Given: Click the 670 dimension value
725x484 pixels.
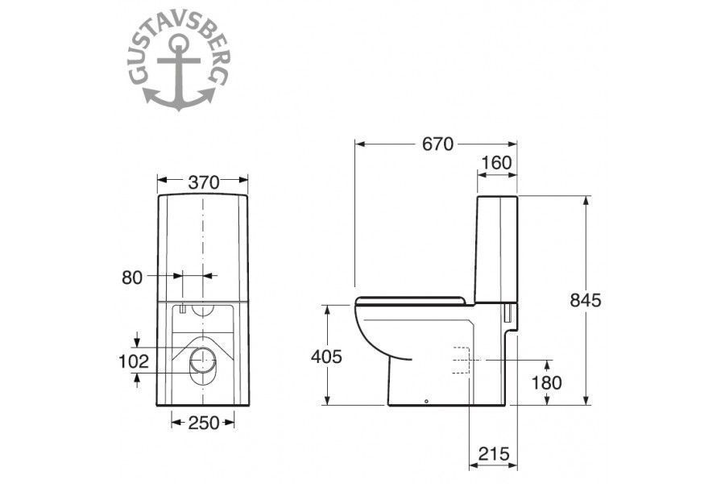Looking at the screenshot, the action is [x=437, y=144].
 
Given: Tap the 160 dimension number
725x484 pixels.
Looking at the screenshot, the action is [x=496, y=163].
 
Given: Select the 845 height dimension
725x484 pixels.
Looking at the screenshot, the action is [x=586, y=300].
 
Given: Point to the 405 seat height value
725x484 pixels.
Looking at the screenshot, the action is [x=326, y=357].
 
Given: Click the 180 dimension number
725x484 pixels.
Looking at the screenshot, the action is [x=546, y=382].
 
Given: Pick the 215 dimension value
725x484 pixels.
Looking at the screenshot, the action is [x=494, y=454].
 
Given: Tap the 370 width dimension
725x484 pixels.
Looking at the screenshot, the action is [x=204, y=182].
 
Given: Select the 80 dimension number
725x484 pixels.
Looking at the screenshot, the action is [x=132, y=277].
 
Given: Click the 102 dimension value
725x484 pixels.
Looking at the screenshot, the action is [x=134, y=361].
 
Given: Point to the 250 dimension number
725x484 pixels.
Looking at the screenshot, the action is [x=204, y=423].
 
